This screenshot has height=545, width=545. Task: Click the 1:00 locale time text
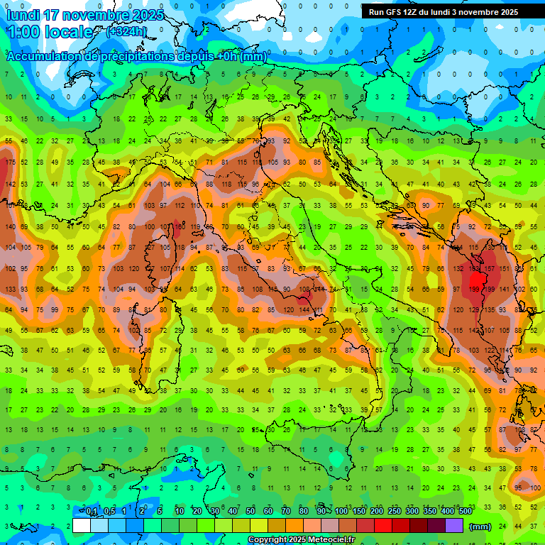[50, 33]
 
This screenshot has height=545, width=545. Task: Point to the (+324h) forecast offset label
[126, 32]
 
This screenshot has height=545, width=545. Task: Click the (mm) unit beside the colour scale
[480, 527]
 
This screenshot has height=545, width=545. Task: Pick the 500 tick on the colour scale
[465, 512]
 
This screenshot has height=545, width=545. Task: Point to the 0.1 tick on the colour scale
[92, 512]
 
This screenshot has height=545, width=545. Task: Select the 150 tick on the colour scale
[358, 512]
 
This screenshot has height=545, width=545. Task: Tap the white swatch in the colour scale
[82, 526]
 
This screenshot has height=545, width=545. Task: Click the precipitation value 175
[10, 163]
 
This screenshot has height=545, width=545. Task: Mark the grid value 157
[489, 269]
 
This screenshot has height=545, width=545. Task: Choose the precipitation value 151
[505, 269]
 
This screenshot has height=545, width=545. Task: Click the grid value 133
[10, 290]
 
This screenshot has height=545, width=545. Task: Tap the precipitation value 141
[505, 290]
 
